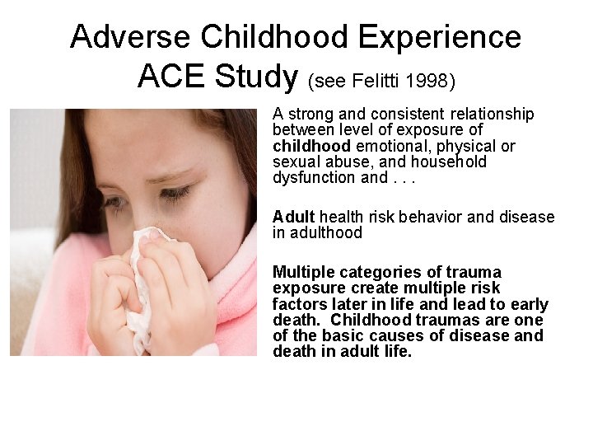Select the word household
point(449,162)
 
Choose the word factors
point(297,304)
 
